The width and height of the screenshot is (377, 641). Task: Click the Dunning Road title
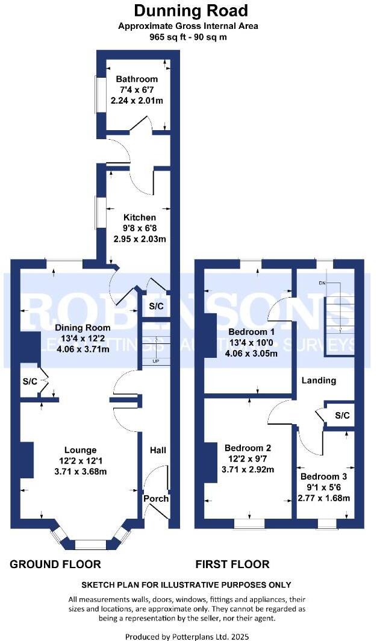190,10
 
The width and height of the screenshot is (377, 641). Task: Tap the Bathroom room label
137,79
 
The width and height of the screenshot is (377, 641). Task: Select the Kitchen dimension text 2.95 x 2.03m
140,239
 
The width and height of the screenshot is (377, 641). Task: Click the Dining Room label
83,328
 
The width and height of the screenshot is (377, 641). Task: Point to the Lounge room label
81,450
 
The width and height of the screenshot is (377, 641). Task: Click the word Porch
156,498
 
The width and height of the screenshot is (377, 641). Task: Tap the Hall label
158,450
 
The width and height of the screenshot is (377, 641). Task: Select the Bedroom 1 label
248,332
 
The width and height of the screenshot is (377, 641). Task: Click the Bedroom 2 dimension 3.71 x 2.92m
248,469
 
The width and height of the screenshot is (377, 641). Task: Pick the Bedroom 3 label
323,476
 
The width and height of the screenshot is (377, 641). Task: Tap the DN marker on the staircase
322,283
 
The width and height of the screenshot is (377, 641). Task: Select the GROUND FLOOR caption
55,564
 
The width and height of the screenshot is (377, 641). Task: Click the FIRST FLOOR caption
232,564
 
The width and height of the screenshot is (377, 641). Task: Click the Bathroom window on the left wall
96,93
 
